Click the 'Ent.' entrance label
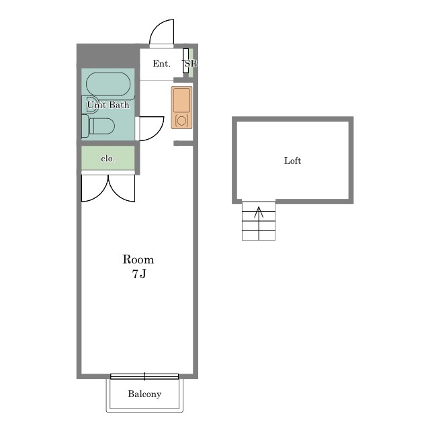click(x=161, y=64)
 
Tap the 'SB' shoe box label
click(x=191, y=63)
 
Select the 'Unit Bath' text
click(x=108, y=105)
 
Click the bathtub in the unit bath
click(x=108, y=84)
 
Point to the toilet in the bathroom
click(x=98, y=126)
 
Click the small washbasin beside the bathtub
click(x=89, y=104)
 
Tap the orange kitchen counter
click(x=181, y=107)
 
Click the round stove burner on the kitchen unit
click(x=181, y=121)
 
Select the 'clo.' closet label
click(x=107, y=159)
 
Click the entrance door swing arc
click(x=156, y=27)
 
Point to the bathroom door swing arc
click(x=158, y=133)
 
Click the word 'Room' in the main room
click(x=138, y=259)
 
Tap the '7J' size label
click(x=139, y=274)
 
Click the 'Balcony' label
click(x=144, y=394)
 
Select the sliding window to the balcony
click(x=144, y=376)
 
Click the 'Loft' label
click(x=293, y=161)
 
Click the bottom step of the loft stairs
click(x=259, y=236)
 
